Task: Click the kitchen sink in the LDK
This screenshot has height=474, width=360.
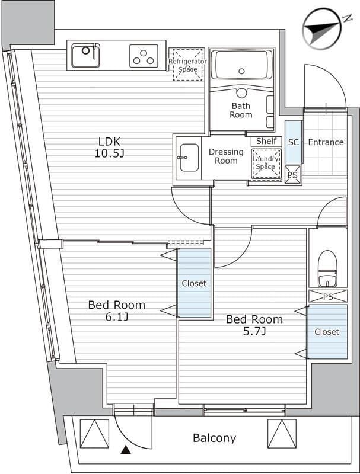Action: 85,55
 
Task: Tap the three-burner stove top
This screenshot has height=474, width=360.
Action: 144,56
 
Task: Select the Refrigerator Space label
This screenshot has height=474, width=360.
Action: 187,65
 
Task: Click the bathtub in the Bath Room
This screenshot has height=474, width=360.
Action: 241,65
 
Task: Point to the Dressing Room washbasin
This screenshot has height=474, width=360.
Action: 189,158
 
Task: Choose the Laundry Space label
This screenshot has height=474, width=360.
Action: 265,162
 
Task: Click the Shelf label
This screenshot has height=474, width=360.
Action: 266,141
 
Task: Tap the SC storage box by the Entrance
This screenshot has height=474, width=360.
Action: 294,142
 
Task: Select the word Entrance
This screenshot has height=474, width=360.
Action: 326,142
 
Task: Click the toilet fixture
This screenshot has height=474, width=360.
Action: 327,268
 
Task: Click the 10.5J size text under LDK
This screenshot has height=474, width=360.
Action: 110,153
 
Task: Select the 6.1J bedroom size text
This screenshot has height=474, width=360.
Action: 116,317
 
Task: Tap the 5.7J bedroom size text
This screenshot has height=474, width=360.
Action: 254,332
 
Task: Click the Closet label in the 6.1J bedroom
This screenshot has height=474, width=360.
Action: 194,284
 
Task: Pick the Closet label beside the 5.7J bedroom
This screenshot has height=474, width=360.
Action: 327,332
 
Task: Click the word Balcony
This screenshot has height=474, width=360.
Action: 215,438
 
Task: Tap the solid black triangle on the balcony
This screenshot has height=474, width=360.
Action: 126,450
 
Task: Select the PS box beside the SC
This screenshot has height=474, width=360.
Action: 293,175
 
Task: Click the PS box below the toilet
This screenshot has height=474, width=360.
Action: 328,296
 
